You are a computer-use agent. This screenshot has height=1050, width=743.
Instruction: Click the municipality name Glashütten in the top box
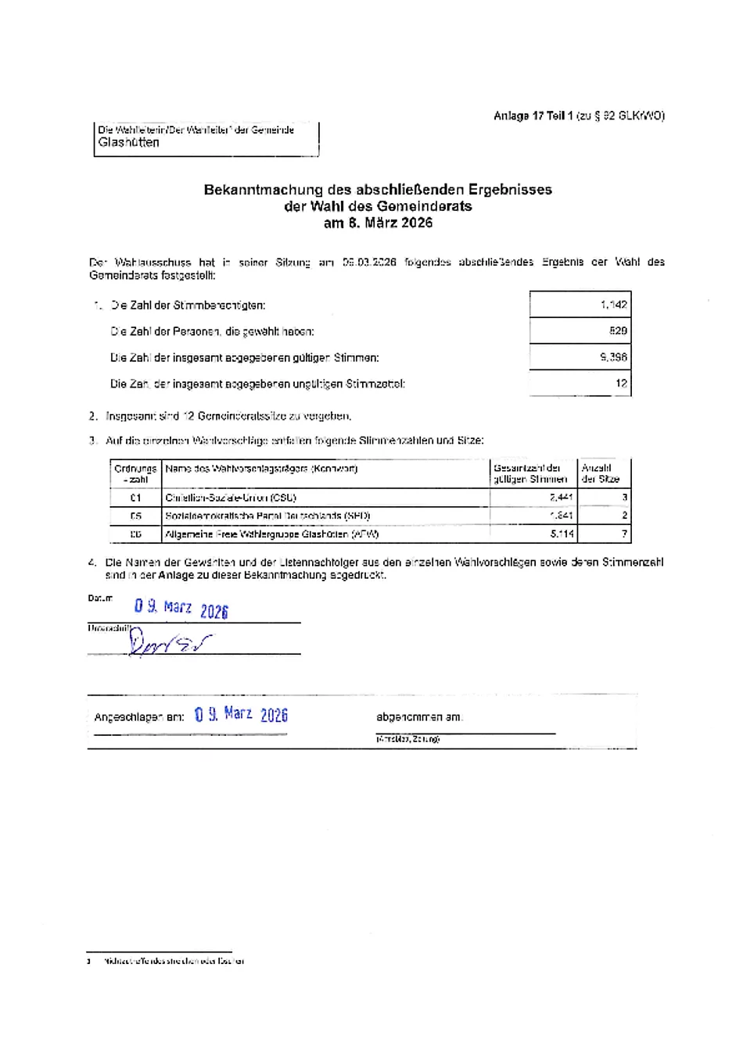tap(129, 143)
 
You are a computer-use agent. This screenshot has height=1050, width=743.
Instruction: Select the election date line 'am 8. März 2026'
tap(378, 223)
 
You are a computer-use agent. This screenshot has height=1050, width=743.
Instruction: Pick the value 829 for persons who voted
tap(618, 330)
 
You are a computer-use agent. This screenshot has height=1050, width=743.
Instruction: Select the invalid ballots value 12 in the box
tap(621, 384)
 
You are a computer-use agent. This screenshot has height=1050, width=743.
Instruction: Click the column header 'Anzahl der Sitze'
tap(601, 473)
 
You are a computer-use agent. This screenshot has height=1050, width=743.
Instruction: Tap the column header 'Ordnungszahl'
tap(135, 473)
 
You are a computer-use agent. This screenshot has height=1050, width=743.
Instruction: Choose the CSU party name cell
tap(231, 498)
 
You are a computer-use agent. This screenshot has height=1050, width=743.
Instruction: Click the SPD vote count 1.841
tap(561, 516)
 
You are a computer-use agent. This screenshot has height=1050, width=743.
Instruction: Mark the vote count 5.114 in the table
tap(562, 534)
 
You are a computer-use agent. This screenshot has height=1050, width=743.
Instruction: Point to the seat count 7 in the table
tap(624, 534)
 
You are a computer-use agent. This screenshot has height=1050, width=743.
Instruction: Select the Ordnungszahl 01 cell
tap(136, 498)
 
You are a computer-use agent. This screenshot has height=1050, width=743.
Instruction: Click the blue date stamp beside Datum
tap(181, 609)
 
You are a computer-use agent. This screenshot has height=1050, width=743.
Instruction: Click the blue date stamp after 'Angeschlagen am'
tap(241, 715)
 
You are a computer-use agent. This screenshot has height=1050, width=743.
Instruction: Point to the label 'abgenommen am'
tap(419, 717)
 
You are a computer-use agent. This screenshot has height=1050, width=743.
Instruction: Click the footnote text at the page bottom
tap(173, 961)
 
